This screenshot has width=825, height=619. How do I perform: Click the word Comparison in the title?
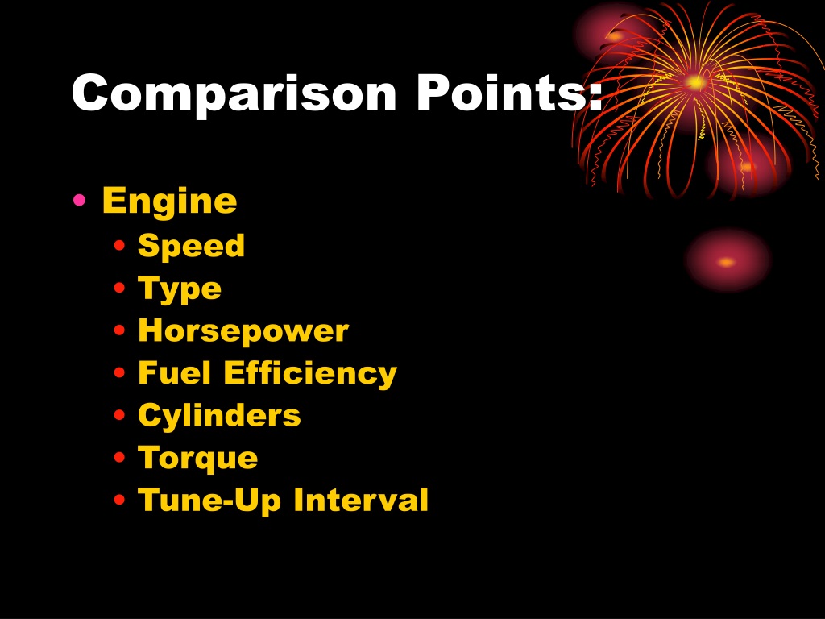[234, 93]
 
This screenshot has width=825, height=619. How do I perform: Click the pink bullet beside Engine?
[80, 200]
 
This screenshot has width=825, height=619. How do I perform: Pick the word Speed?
[191, 247]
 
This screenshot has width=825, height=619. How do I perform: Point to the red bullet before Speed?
[119, 245]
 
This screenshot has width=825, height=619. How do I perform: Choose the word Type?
[180, 289]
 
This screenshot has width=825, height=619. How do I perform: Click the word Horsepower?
[243, 331]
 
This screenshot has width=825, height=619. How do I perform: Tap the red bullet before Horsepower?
[119, 330]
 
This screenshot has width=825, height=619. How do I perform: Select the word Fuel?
[174, 372]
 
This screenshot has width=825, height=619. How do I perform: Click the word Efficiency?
[310, 374]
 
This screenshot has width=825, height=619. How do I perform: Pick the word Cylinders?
[219, 416]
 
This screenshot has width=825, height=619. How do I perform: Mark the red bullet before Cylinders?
[119, 415]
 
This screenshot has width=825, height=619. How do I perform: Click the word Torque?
[198, 459]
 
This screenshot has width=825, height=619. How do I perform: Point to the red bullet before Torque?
[119, 457]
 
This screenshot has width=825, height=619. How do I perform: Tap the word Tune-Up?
[209, 501]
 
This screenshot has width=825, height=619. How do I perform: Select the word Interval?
[361, 500]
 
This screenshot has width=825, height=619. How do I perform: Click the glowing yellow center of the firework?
[696, 83]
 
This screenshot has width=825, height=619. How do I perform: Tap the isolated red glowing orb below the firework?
[728, 260]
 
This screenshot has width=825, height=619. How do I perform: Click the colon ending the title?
[595, 97]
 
